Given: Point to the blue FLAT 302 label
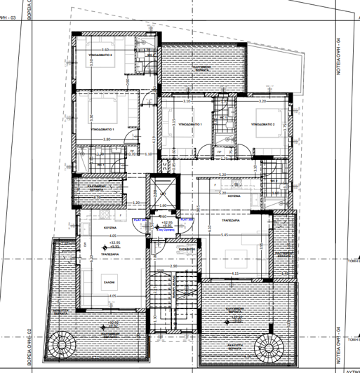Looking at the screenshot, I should coord(186,219).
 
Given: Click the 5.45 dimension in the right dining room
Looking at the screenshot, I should coord(225,235).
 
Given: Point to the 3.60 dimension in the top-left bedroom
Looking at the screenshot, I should coord(105,50).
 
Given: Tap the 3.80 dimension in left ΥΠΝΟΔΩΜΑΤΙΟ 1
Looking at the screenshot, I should coord(107,139).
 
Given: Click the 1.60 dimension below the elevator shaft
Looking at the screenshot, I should coord(163,205).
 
